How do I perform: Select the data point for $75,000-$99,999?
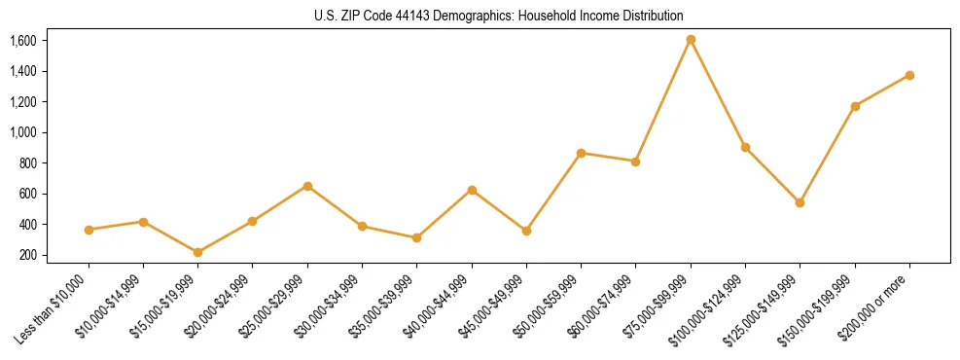pos(691,40)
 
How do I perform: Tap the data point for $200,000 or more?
pos(909,75)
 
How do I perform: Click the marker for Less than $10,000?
pos(89,230)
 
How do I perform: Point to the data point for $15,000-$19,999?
pos(197,252)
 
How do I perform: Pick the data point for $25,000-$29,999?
pos(307,186)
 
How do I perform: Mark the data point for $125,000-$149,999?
pos(800,202)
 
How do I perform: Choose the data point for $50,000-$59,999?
pos(581,153)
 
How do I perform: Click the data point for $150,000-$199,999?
pos(855,106)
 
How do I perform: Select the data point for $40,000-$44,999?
pos(472,190)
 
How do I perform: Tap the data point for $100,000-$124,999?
pos(745,147)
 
